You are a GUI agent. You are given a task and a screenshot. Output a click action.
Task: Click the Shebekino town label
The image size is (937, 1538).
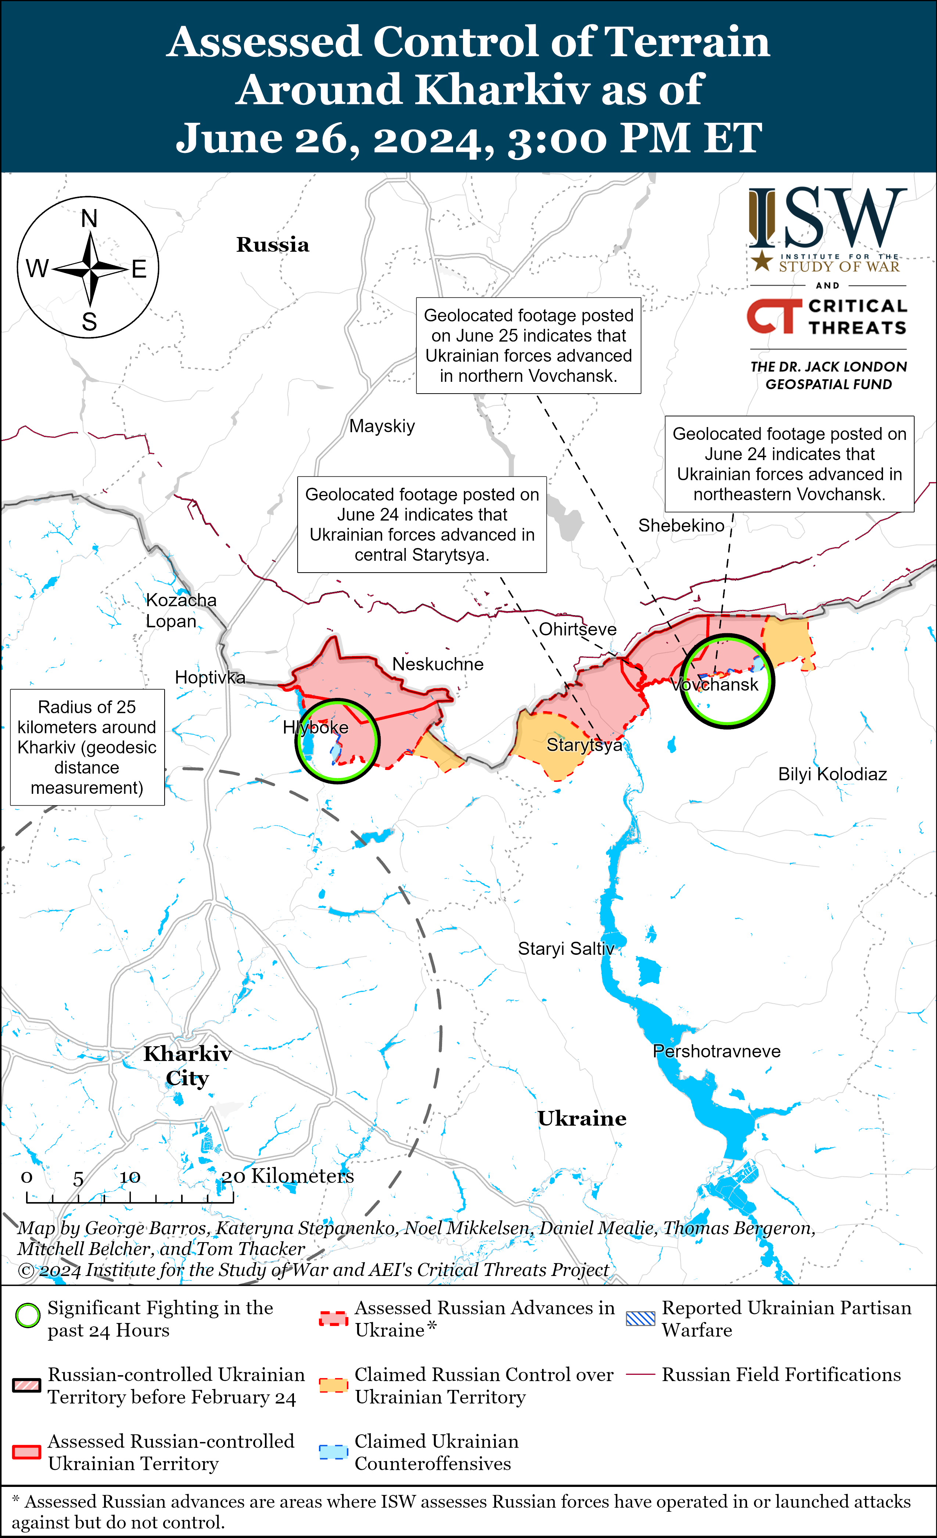pyautogui.click(x=681, y=526)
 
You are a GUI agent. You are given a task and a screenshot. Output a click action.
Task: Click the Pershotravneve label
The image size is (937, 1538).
pyautogui.click(x=717, y=1051)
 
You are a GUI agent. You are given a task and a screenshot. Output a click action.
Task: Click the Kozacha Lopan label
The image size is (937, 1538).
pyautogui.click(x=180, y=610)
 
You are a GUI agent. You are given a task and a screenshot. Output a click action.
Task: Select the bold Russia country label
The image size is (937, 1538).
pyautogui.click(x=273, y=245)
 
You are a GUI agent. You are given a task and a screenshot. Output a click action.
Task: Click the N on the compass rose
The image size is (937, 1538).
pyautogui.click(x=89, y=218)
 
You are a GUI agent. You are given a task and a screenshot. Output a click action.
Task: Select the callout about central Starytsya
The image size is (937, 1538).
pyautogui.click(x=422, y=524)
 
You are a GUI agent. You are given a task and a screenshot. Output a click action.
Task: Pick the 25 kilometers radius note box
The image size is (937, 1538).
pyautogui.click(x=87, y=747)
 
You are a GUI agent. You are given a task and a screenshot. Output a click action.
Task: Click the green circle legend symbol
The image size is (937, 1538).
pyautogui.click(x=28, y=1316)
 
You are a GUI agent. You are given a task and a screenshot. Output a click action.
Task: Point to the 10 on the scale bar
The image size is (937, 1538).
pyautogui.click(x=130, y=1177)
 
